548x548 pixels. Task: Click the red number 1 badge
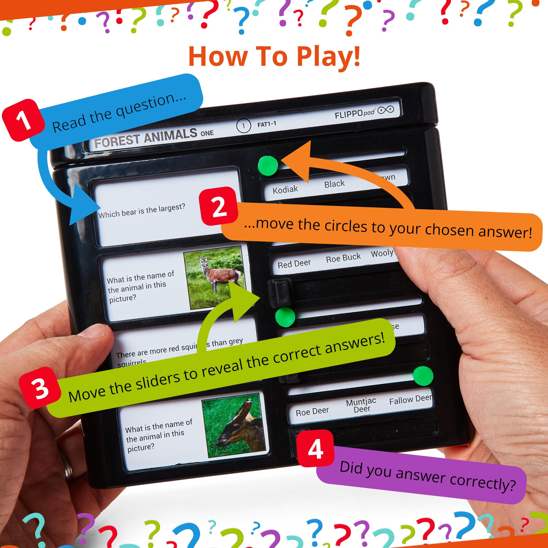point(23,120)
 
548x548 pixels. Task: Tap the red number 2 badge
point(219,207)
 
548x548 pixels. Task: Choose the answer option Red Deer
point(294,264)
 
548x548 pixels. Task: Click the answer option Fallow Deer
point(410,400)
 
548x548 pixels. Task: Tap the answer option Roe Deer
point(312,411)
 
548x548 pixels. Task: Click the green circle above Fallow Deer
point(423,376)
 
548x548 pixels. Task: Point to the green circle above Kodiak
point(268,166)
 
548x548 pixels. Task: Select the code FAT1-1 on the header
point(266,124)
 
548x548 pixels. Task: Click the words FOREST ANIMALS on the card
point(145,138)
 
